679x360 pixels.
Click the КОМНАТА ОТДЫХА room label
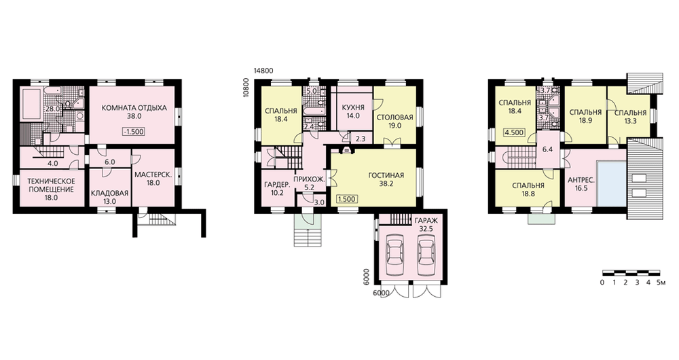pyautogui.click(x=134, y=108)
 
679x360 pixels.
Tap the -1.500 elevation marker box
pyautogui.click(x=133, y=132)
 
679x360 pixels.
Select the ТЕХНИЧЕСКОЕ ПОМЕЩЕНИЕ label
pyautogui.click(x=51, y=185)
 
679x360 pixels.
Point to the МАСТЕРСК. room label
pyautogui.click(x=153, y=175)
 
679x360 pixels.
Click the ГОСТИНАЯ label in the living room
pyautogui.click(x=386, y=175)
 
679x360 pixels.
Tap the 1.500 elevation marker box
pyautogui.click(x=346, y=199)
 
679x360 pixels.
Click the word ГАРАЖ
pyautogui.click(x=426, y=221)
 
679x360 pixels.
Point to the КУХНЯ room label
pyautogui.click(x=353, y=107)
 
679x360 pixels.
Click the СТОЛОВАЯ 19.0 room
pyautogui.click(x=395, y=115)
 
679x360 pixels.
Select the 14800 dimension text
pyautogui.click(x=263, y=71)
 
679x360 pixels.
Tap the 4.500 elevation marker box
pyautogui.click(x=515, y=132)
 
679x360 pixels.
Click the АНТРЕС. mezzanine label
pyautogui.click(x=581, y=180)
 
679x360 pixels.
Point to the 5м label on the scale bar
pyautogui.click(x=661, y=283)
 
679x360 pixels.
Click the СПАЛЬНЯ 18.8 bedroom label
pyautogui.click(x=528, y=186)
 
